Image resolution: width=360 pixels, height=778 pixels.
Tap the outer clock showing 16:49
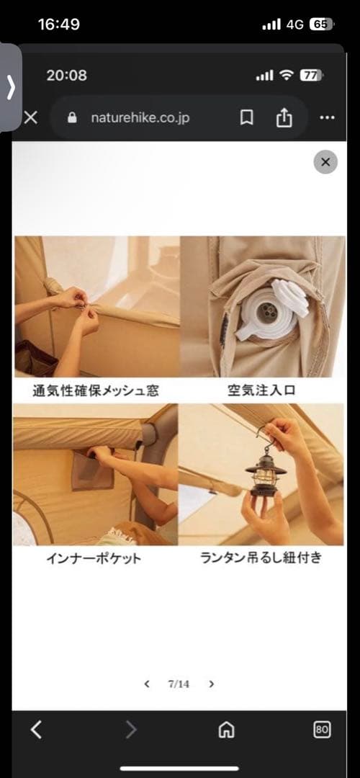(58, 24)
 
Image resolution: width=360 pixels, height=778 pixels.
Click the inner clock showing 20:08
(66, 75)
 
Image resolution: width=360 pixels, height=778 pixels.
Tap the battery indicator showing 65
(320, 24)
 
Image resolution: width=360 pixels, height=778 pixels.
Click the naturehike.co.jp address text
(140, 117)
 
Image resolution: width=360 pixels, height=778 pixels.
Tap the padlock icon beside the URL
(72, 117)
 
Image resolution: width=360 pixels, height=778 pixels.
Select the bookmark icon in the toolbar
(246, 117)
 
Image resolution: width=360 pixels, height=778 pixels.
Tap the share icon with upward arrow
(284, 117)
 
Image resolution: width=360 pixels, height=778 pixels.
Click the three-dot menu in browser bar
(327, 117)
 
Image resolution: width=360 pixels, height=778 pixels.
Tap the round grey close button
(325, 162)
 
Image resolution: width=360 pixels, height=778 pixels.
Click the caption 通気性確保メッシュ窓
(96, 390)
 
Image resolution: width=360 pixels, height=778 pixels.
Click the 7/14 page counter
(179, 684)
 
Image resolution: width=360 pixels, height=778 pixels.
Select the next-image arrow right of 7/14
(212, 684)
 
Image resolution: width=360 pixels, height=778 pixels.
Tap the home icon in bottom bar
(226, 730)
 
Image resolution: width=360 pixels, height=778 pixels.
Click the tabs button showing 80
(322, 730)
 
